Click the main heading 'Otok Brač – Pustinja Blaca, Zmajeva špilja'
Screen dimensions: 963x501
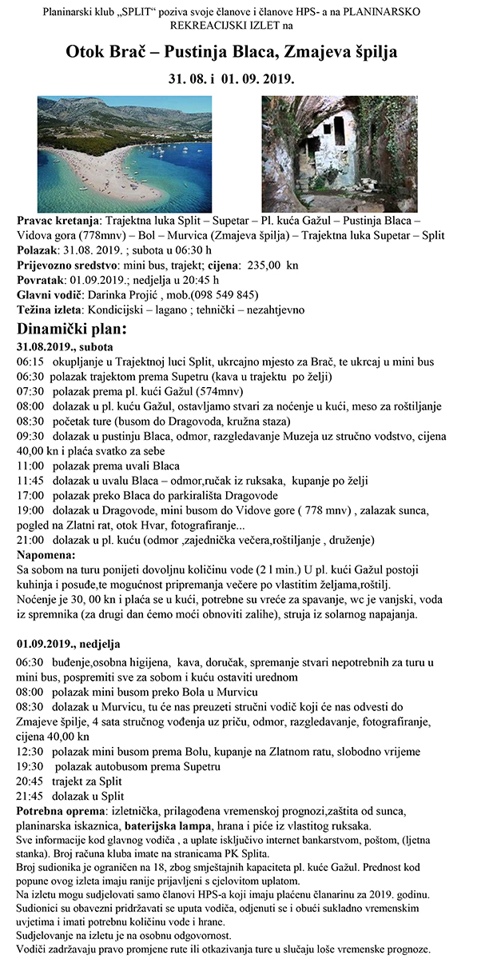[232, 53]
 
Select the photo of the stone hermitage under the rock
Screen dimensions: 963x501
[339, 153]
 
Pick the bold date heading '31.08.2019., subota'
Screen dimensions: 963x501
[65, 346]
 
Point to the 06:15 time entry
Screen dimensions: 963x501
[30, 362]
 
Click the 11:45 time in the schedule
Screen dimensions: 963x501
[30, 481]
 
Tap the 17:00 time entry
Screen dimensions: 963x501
[30, 497]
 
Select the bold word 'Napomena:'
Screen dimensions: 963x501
[46, 554]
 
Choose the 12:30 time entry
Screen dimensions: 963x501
[30, 751]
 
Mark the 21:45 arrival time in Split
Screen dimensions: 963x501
[30, 796]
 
